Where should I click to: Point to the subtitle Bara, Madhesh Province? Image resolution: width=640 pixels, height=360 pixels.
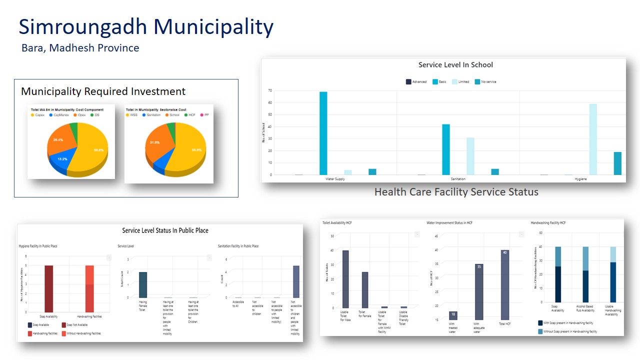80,48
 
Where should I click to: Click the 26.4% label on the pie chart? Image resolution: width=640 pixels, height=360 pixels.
58,140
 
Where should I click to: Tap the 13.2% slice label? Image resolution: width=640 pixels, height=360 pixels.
62,159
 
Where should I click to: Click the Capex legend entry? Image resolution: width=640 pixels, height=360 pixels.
37,115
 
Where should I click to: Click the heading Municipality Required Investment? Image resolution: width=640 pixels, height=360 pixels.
103,91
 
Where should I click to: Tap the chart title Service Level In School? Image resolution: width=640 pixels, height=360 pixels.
455,65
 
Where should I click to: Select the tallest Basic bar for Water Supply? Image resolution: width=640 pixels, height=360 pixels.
323,133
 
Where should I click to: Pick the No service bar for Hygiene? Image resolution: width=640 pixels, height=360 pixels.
617,163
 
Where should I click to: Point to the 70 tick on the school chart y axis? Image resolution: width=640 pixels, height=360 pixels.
270,90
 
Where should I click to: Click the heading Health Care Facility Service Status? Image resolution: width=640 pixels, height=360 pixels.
456,192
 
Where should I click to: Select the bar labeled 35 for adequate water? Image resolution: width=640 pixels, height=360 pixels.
479,292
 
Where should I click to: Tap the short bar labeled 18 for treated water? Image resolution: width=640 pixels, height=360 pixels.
453,315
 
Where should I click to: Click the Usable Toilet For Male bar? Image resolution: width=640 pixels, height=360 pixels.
345,278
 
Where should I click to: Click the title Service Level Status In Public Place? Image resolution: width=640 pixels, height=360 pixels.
165,230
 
